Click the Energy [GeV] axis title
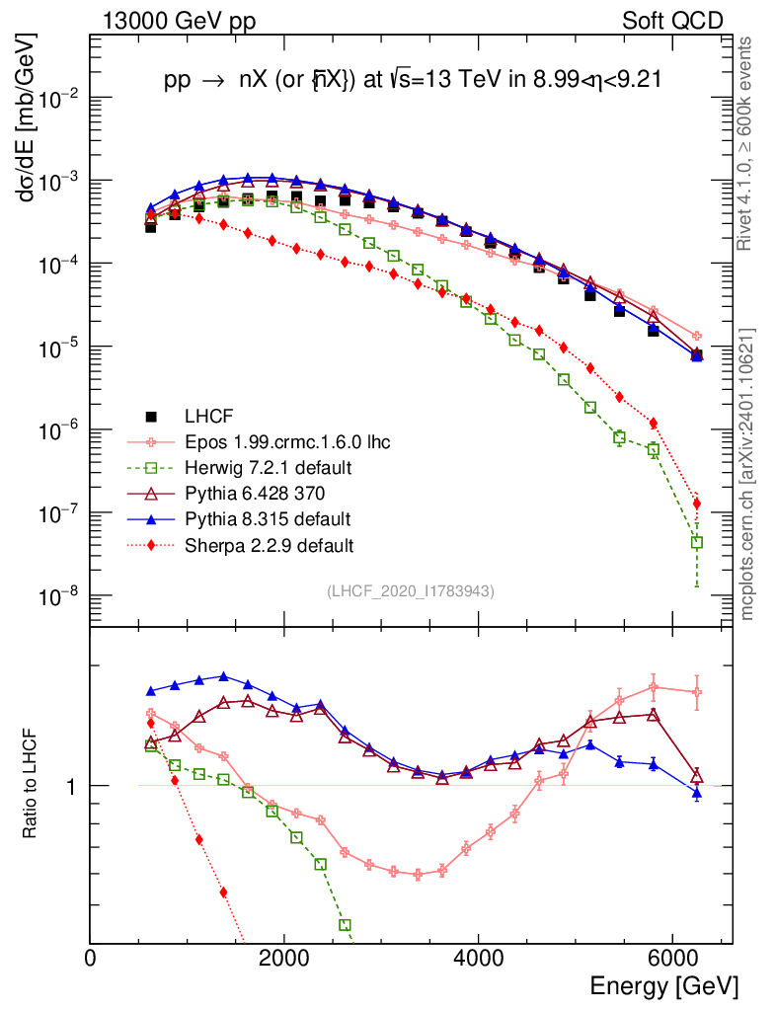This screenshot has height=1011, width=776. [663, 985]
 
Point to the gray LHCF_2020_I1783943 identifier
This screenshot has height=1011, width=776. [411, 590]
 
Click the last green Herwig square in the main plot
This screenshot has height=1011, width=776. [697, 542]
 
